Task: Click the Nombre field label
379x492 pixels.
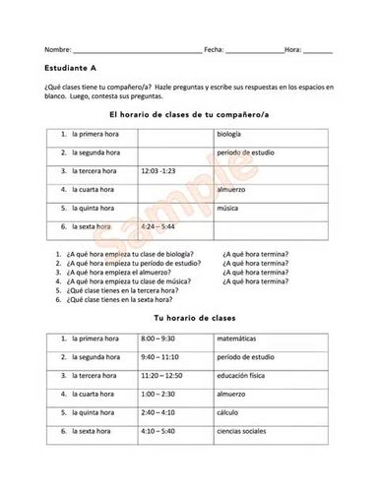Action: (x=57, y=48)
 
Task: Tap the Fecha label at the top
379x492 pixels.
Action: (x=214, y=48)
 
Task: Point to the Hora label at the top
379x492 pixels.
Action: (x=292, y=48)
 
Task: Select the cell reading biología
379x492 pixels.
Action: (x=231, y=132)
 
